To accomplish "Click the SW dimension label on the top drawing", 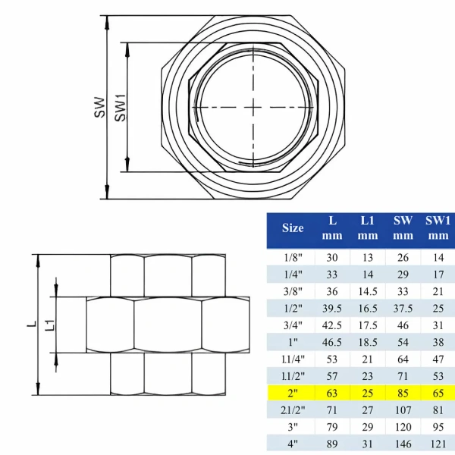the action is pyautogui.click(x=99, y=108).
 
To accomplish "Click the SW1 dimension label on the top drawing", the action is pyautogui.click(x=121, y=108).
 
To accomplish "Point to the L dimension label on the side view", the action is pyautogui.click(x=32, y=324).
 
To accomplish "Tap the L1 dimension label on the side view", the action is pyautogui.click(x=50, y=325).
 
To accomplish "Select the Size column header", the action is pyautogui.click(x=293, y=228).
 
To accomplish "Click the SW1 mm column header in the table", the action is pyautogui.click(x=438, y=228).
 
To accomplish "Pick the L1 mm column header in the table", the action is pyautogui.click(x=368, y=228).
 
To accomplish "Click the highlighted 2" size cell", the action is pyautogui.click(x=293, y=393).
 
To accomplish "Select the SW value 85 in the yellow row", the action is pyautogui.click(x=403, y=393).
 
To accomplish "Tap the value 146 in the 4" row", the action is pyautogui.click(x=403, y=444).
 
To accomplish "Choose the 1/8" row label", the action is pyautogui.click(x=293, y=258).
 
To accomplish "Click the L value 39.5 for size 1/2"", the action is pyautogui.click(x=332, y=309).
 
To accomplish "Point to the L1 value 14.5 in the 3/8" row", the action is pyautogui.click(x=368, y=292).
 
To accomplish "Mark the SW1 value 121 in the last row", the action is pyautogui.click(x=438, y=444).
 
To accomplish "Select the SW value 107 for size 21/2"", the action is pyautogui.click(x=403, y=410).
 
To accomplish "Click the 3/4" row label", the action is pyautogui.click(x=293, y=325).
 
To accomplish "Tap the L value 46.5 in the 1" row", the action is pyautogui.click(x=332, y=343).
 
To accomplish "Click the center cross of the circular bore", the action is pyautogui.click(x=253, y=108).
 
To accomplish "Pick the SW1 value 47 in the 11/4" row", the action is pyautogui.click(x=438, y=359).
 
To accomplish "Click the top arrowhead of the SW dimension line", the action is pyautogui.click(x=108, y=22).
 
